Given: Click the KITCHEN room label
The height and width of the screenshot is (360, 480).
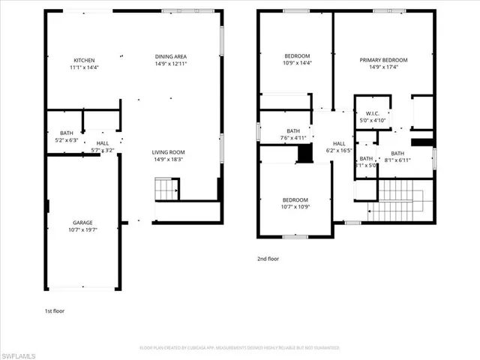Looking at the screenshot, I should click(x=84, y=61).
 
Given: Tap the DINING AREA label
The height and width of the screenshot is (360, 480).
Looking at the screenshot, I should click(x=170, y=58).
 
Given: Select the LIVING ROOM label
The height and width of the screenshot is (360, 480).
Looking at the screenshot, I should click(x=169, y=152).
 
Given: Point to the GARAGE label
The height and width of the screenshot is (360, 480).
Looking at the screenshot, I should click(x=82, y=223).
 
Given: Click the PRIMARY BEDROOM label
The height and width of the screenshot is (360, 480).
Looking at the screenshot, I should click(x=383, y=61).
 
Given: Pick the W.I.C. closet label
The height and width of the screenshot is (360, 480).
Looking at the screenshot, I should click(x=372, y=115).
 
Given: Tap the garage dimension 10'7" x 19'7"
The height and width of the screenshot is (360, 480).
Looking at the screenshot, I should click(x=82, y=230).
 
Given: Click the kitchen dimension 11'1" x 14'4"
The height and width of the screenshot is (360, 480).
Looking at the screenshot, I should click(x=84, y=67).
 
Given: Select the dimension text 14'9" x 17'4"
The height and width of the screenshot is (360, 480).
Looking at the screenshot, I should click(x=383, y=67).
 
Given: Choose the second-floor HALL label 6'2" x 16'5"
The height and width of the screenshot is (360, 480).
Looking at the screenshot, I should click(x=339, y=147).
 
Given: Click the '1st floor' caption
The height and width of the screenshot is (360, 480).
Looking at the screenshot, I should click(x=55, y=310).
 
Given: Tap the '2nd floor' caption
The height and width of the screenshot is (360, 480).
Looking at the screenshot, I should click(x=268, y=259).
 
